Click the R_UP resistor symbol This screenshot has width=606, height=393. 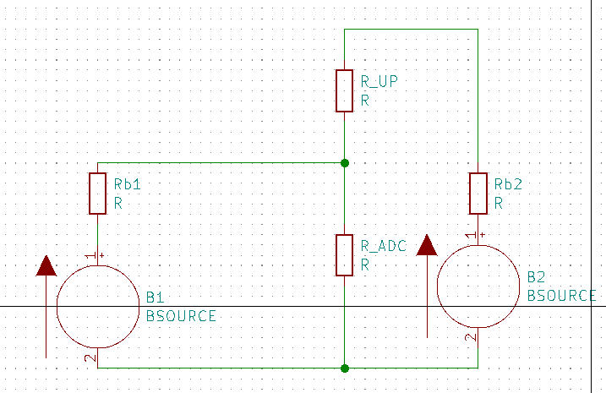click(344, 90)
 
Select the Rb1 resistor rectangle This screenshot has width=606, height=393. click(98, 193)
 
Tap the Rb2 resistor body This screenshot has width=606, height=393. click(478, 193)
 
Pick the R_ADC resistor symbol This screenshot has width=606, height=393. click(344, 255)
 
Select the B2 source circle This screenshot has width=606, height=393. click(478, 287)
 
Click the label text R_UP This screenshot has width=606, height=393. click(379, 82)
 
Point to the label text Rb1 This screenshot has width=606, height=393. click(127, 184)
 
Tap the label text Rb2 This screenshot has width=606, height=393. click(508, 184)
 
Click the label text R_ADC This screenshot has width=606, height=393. click(384, 246)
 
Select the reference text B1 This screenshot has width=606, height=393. click(154, 298)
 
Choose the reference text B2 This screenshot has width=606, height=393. click(536, 277)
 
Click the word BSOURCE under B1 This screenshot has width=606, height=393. click(181, 316)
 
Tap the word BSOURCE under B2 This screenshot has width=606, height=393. click(562, 296)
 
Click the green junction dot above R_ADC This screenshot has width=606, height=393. click(344, 162)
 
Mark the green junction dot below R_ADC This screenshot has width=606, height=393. click(344, 368)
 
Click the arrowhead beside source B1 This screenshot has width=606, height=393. click(46, 266)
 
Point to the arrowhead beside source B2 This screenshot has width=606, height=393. click(427, 245)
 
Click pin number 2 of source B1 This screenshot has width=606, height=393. click(90, 358)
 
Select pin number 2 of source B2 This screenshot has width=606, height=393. click(470, 337)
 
